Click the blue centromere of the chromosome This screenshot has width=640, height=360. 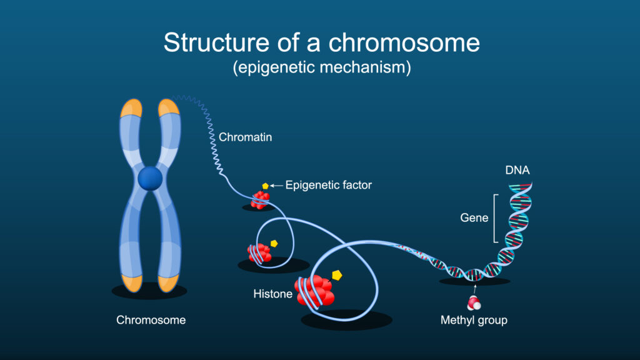point(150,178)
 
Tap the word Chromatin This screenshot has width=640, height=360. point(245,137)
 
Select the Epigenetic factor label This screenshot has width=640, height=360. point(329,185)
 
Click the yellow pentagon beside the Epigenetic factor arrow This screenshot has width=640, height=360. point(265,186)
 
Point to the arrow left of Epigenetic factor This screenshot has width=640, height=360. point(277,186)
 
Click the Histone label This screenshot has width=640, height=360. point(272,294)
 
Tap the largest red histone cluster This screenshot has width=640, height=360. point(315,291)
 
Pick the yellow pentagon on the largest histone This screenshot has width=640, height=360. point(337,276)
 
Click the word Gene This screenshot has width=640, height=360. point(474,218)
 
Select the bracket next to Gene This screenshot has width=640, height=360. point(495,218)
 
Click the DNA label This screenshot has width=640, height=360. point(517,170)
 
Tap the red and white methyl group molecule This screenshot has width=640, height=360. point(474,304)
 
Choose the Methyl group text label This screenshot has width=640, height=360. point(474,320)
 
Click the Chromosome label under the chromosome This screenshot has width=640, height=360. point(151,320)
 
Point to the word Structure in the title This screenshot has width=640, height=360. point(217,42)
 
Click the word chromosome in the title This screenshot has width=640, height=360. point(404,42)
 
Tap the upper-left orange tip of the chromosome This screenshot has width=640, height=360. point(131,108)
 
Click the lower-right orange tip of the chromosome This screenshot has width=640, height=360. point(168,283)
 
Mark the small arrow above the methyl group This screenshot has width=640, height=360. point(475,289)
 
